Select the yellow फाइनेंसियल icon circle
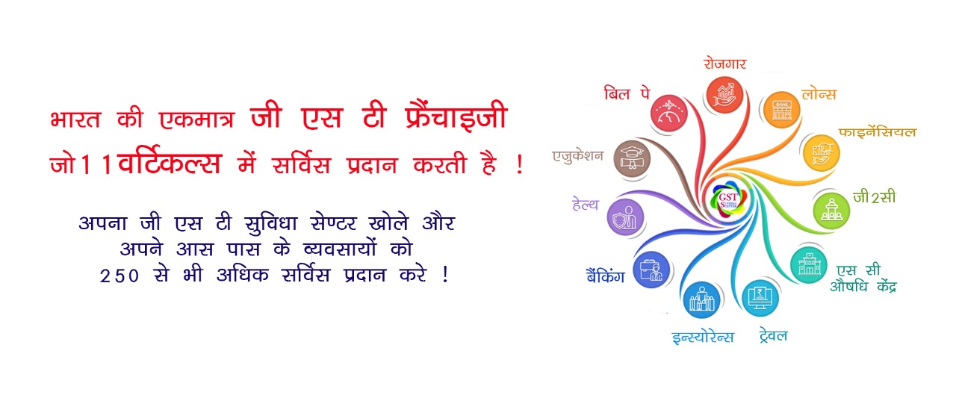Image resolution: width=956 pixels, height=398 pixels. pyautogui.click(x=820, y=152)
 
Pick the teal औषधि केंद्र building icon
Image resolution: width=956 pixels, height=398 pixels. pyautogui.click(x=810, y=264)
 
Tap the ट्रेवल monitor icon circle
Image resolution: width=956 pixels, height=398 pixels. pyautogui.click(x=760, y=298)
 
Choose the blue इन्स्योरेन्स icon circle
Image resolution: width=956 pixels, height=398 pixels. pyautogui.click(x=701, y=300)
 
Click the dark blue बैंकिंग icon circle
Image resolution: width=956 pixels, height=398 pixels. pyautogui.click(x=651, y=270)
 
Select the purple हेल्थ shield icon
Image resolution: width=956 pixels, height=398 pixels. pyautogui.click(x=625, y=218)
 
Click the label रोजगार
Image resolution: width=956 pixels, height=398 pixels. pyautogui.click(x=724, y=63)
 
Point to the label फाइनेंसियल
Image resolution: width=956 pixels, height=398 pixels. pyautogui.click(x=877, y=132)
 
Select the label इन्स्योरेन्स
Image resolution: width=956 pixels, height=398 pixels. pyautogui.click(x=702, y=337)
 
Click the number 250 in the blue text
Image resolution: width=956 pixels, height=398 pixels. pyautogui.click(x=120, y=276)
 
